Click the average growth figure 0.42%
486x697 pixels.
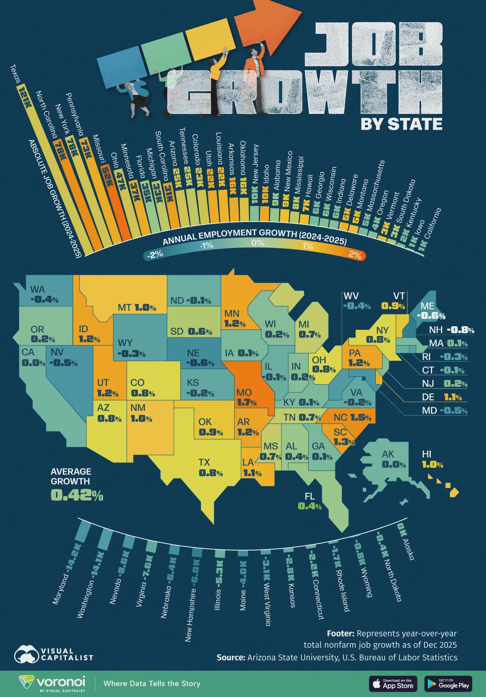click(x=77, y=495)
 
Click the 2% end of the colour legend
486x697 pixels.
click(x=355, y=255)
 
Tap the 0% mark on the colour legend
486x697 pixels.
click(x=258, y=243)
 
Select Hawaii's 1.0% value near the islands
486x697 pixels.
click(x=433, y=465)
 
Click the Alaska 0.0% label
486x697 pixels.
click(x=394, y=465)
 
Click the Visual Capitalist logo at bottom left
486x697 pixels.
click(x=54, y=654)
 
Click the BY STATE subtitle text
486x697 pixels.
click(x=401, y=124)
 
